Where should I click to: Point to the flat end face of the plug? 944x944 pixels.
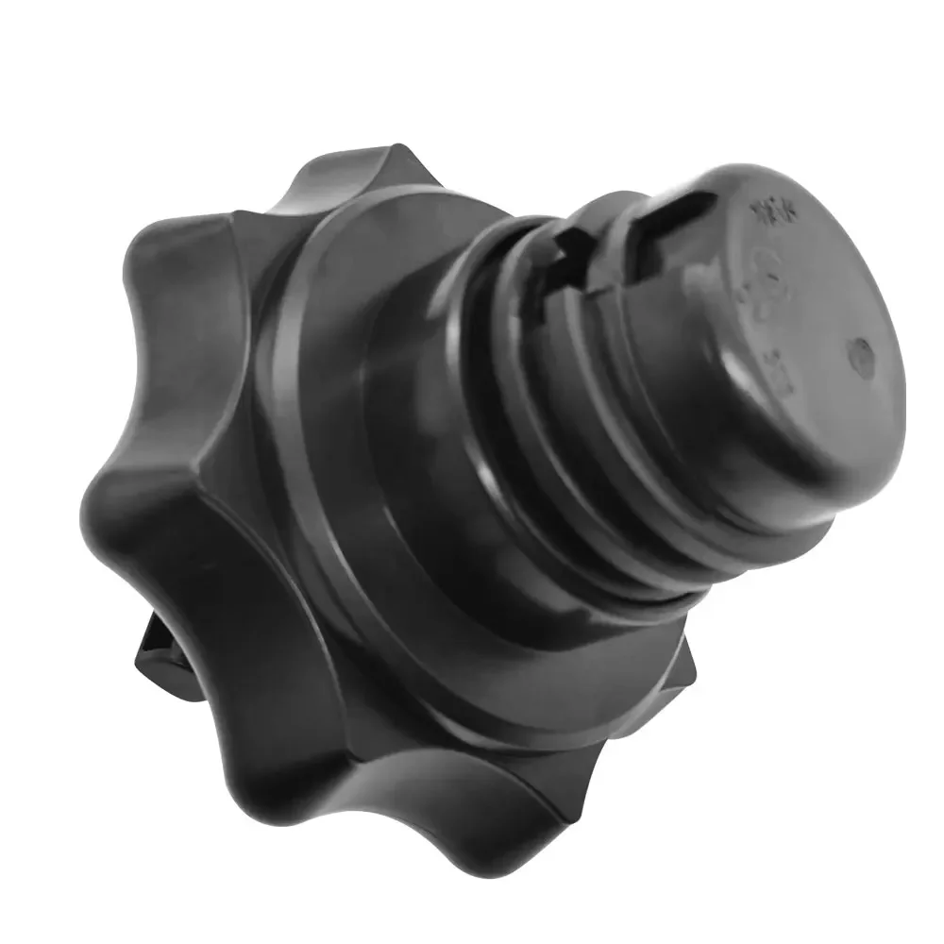[802, 312]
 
